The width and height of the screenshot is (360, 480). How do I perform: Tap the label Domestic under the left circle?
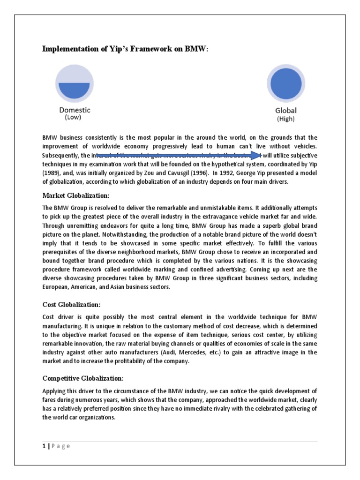(75, 110)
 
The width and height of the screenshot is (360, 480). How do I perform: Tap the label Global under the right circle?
(285, 111)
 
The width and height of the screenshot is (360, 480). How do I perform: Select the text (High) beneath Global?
(285, 119)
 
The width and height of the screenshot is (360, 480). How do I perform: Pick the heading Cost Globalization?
(72, 305)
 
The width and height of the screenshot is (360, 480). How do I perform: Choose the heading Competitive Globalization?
(83, 378)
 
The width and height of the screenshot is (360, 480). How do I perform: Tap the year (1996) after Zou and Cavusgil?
(172, 172)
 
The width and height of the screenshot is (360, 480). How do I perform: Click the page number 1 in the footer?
(44, 446)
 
